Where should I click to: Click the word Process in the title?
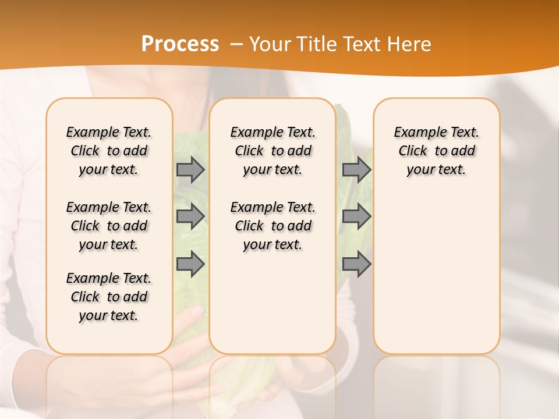pyautogui.click(x=180, y=44)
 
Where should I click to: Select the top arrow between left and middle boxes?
pyautogui.click(x=190, y=169)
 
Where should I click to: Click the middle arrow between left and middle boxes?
pyautogui.click(x=190, y=216)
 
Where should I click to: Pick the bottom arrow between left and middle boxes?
pyautogui.click(x=190, y=264)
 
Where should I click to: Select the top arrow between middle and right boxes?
pyautogui.click(x=356, y=169)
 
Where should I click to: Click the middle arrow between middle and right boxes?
pyautogui.click(x=356, y=216)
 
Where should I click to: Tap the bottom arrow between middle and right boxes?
pyautogui.click(x=356, y=264)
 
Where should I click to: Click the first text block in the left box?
pyautogui.click(x=109, y=151)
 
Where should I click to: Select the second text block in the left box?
pyautogui.click(x=109, y=226)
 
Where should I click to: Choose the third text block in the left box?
pyautogui.click(x=109, y=297)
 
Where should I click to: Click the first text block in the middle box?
pyautogui.click(x=273, y=151)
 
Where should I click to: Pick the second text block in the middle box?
pyautogui.click(x=273, y=226)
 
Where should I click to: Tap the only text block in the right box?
pyautogui.click(x=436, y=151)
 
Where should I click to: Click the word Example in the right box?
pyautogui.click(x=415, y=133)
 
